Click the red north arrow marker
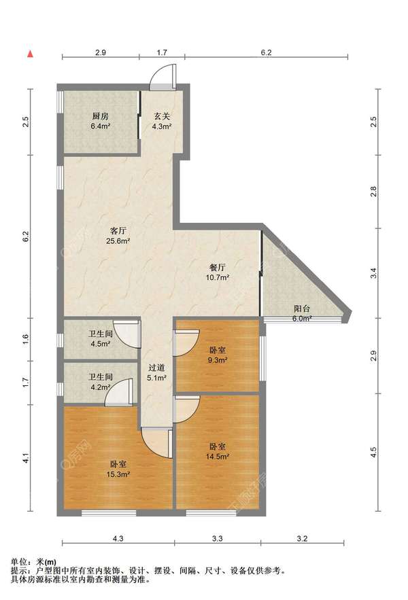pos(30,54)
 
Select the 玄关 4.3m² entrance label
pos(162,121)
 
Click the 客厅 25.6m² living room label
pos(118,236)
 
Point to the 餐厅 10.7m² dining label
pos(217,272)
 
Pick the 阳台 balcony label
pos(302,308)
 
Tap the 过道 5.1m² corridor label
pos(156,373)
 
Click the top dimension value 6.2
pos(267,53)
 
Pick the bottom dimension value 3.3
pos(217,538)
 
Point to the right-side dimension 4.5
pos(374,453)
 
